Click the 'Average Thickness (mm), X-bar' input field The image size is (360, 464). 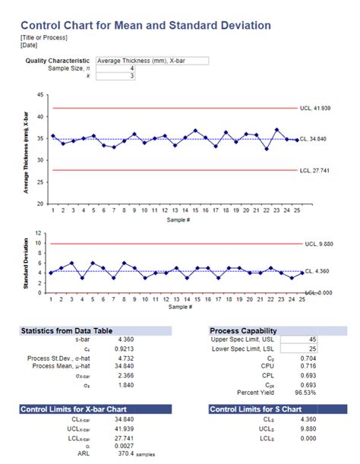tap(152, 60)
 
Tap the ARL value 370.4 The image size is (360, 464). tap(122, 454)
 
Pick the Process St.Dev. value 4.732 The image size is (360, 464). tap(125, 358)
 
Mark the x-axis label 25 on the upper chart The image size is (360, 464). tap(296, 210)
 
